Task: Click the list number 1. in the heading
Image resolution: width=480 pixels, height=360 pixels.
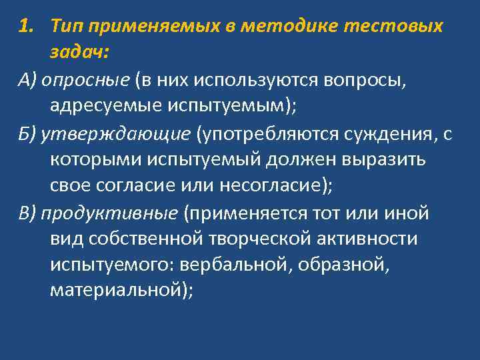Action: click(27, 26)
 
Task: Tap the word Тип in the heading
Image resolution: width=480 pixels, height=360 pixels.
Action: click(65, 26)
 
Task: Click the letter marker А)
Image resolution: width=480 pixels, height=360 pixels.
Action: click(27, 80)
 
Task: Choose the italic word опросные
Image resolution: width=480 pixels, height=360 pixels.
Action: click(85, 80)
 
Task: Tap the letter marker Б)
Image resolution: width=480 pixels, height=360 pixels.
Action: click(27, 134)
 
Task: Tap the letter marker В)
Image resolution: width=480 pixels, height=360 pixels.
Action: click(27, 214)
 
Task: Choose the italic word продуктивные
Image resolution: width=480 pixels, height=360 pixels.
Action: click(109, 214)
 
